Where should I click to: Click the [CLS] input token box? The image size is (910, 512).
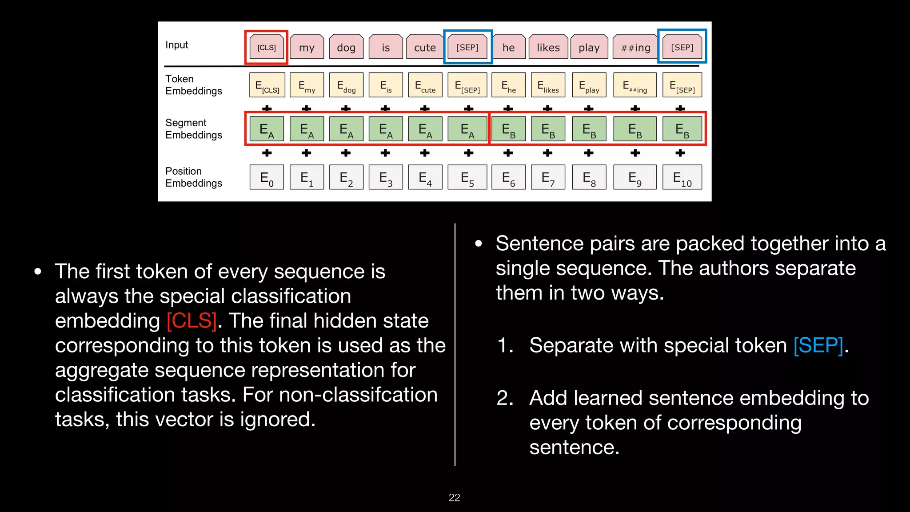(x=267, y=47)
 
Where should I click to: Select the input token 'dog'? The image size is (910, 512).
(x=346, y=47)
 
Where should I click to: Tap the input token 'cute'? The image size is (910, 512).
(x=425, y=47)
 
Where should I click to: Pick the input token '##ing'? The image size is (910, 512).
(x=635, y=47)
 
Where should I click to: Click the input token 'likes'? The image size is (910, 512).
(x=548, y=47)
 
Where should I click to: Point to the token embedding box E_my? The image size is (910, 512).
(x=307, y=85)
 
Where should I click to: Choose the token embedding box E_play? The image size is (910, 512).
(x=589, y=85)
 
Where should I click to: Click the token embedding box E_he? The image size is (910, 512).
(x=508, y=85)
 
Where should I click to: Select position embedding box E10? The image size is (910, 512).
(x=682, y=178)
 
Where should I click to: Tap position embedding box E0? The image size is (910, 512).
(x=267, y=178)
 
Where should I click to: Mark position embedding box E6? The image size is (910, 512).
(x=508, y=178)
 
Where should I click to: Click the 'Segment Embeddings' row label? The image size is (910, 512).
(x=193, y=129)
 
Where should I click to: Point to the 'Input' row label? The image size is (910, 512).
(x=176, y=45)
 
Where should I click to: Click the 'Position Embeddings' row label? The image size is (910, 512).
(x=193, y=177)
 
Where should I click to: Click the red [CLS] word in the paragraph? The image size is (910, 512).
(x=192, y=320)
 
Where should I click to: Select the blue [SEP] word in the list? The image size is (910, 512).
(x=818, y=345)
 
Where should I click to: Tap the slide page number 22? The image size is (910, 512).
(x=454, y=497)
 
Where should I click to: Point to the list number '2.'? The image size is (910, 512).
(x=505, y=398)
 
